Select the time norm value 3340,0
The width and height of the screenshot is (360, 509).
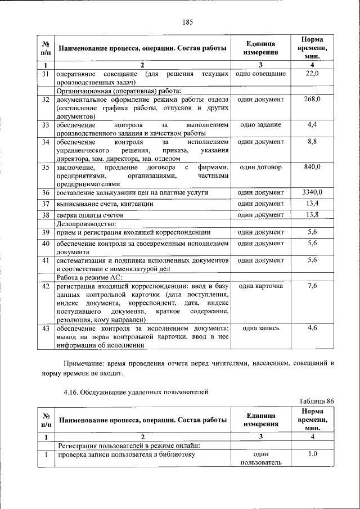(x=312, y=193)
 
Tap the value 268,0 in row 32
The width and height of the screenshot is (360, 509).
(x=312, y=99)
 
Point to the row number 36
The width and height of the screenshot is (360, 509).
(x=46, y=193)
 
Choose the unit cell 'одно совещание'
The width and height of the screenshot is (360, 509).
(x=260, y=74)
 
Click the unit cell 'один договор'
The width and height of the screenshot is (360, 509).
(x=260, y=168)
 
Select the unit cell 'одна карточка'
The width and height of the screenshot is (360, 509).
(x=260, y=286)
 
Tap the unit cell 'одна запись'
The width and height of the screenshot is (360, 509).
(x=260, y=328)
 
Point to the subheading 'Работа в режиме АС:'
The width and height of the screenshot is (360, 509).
(x=89, y=277)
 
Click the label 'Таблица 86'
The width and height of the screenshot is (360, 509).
(x=317, y=400)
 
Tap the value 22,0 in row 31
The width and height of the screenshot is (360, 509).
(x=312, y=74)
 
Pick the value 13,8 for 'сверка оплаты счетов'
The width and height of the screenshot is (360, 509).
(x=312, y=215)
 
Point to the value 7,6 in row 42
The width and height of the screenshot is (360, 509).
(x=312, y=286)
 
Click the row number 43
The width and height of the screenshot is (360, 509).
(x=46, y=328)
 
